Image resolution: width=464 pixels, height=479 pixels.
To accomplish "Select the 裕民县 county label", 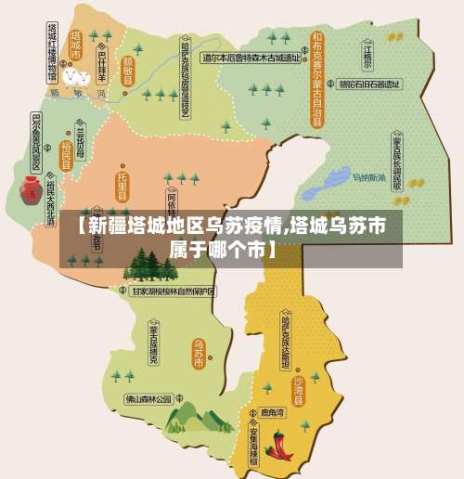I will pos(66,154).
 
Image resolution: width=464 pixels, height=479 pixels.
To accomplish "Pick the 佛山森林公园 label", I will pos(149,398).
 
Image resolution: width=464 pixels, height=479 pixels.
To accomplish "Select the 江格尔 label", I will pos(367,56).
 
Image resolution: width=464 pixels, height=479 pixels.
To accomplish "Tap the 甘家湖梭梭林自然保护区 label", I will pos(173,291).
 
